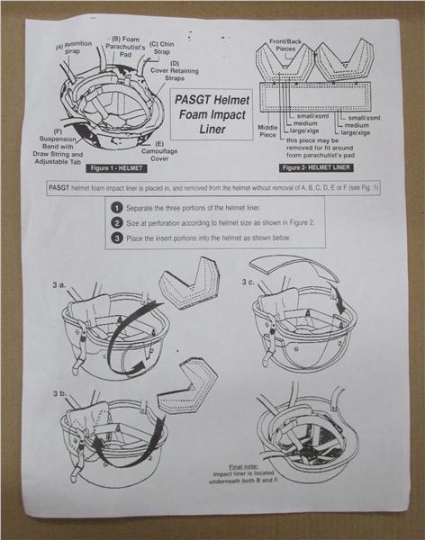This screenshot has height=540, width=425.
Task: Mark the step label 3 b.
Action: click(59, 393)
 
